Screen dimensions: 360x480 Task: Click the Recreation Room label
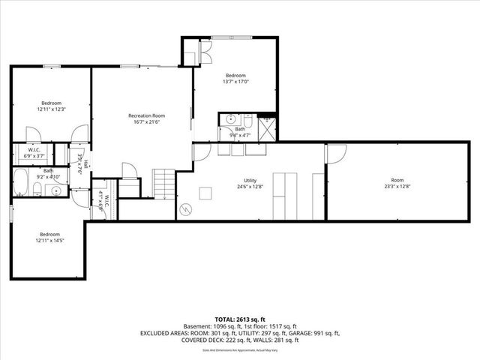pos(146,115)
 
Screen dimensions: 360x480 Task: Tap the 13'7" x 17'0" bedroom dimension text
pos(235,82)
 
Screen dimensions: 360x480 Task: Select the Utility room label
pos(250,181)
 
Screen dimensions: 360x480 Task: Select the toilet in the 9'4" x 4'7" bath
pos(229,120)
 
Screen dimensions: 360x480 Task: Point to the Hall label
pos(87,164)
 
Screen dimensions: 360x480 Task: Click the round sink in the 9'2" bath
pos(57,190)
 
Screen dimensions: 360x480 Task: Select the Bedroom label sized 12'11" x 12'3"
pos(51,103)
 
